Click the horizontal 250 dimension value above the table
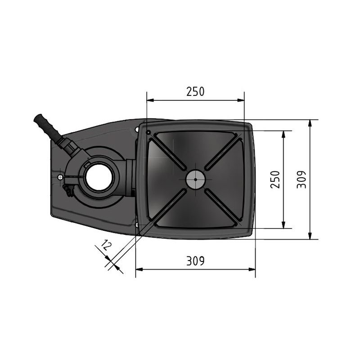[x=195, y=92]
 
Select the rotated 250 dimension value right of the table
[x=275, y=180]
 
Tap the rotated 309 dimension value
[x=302, y=180]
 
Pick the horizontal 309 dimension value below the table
[x=195, y=261]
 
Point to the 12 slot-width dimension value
[x=106, y=246]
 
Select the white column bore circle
[x=98, y=177]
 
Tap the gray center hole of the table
[x=195, y=180]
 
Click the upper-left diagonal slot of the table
[x=167, y=153]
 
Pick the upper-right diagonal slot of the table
[x=224, y=153]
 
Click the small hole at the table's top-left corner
[x=148, y=132]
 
